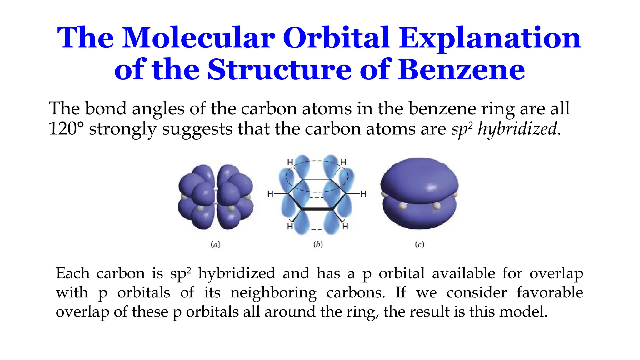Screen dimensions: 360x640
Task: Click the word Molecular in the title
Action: click(198, 38)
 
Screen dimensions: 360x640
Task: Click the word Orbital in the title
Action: click(336, 38)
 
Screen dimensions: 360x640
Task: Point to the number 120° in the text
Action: click(66, 128)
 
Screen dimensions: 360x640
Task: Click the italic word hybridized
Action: click(517, 129)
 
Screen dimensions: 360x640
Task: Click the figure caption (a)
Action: click(215, 244)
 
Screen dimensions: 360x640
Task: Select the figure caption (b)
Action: click(318, 244)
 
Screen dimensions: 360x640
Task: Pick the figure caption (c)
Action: click(420, 244)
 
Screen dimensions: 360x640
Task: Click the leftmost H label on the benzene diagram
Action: click(270, 194)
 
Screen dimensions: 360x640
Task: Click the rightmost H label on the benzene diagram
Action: click(363, 194)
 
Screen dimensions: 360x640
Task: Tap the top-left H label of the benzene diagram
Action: click(290, 162)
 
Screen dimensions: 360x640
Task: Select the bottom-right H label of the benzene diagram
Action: click(345, 226)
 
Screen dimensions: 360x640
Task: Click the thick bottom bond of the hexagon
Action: click(317, 208)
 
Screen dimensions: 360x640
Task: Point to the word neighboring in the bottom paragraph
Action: click(273, 293)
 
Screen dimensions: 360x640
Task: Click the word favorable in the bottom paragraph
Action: click(549, 293)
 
